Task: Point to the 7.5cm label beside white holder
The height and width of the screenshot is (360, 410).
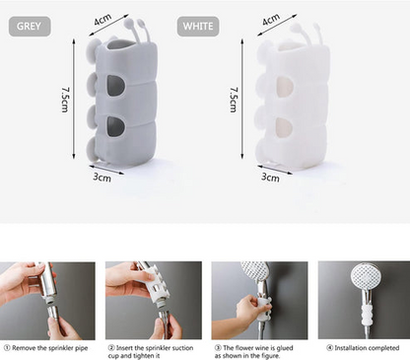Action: coord(232,100)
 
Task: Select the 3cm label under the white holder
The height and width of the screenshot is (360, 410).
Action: coord(268,178)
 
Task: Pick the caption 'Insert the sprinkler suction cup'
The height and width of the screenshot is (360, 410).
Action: coord(153,351)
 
